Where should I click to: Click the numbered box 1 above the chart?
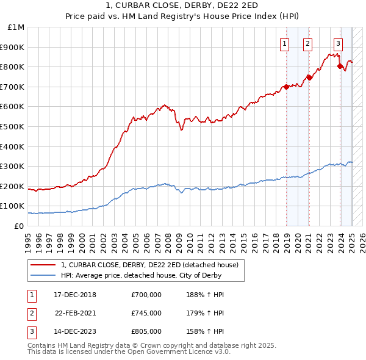click(x=285, y=43)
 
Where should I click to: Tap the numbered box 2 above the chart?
click(x=307, y=43)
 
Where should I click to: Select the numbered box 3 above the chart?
click(x=338, y=43)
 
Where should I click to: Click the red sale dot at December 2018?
click(x=286, y=87)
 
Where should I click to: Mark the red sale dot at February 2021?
click(x=309, y=77)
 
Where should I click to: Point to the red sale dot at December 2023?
click(x=340, y=65)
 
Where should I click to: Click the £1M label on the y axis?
click(x=16, y=27)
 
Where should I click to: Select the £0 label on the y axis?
click(x=18, y=226)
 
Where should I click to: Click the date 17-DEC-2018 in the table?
click(x=75, y=295)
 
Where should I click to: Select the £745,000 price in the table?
click(x=146, y=314)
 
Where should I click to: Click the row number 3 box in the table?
click(x=30, y=333)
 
